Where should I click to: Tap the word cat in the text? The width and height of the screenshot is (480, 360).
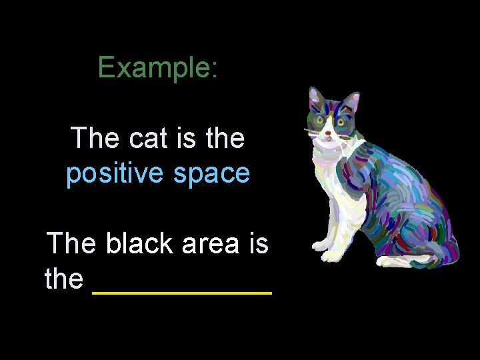[x=151, y=139]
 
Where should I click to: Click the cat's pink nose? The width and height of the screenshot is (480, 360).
[x=327, y=133]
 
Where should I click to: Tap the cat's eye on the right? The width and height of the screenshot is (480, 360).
[x=341, y=122]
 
